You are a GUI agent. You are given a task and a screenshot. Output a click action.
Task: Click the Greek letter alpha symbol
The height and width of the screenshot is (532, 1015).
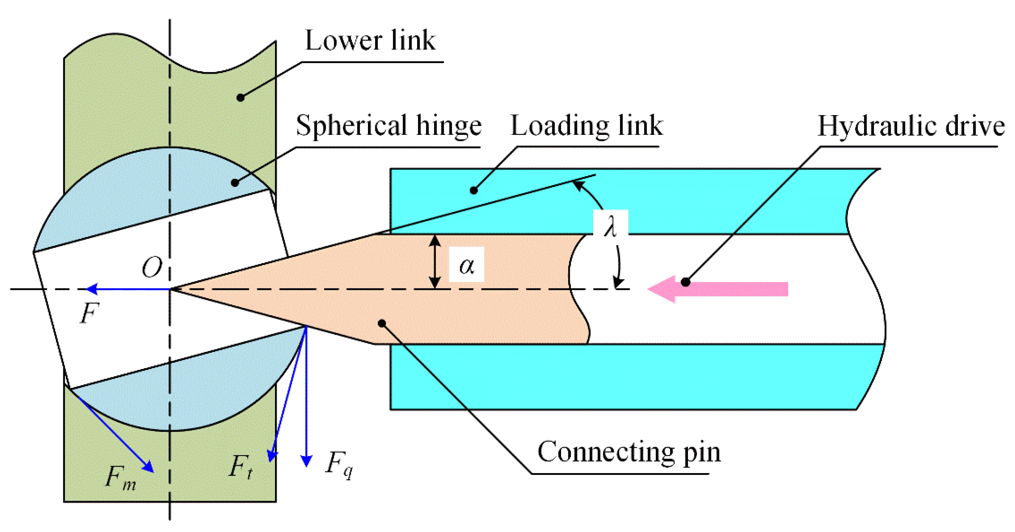(467, 265)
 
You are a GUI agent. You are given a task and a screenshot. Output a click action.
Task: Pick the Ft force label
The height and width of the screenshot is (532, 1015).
(240, 467)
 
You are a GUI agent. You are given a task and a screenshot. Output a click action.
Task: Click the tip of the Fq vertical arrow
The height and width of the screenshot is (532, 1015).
(306, 464)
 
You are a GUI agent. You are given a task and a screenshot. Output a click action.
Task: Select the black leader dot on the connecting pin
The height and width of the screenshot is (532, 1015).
(381, 323)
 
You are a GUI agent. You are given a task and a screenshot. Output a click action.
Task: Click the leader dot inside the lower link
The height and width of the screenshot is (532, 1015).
(240, 97)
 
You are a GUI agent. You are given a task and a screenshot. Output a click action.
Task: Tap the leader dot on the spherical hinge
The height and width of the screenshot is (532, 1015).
(235, 182)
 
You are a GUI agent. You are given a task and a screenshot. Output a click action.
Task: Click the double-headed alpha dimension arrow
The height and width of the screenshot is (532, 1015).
(435, 262)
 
